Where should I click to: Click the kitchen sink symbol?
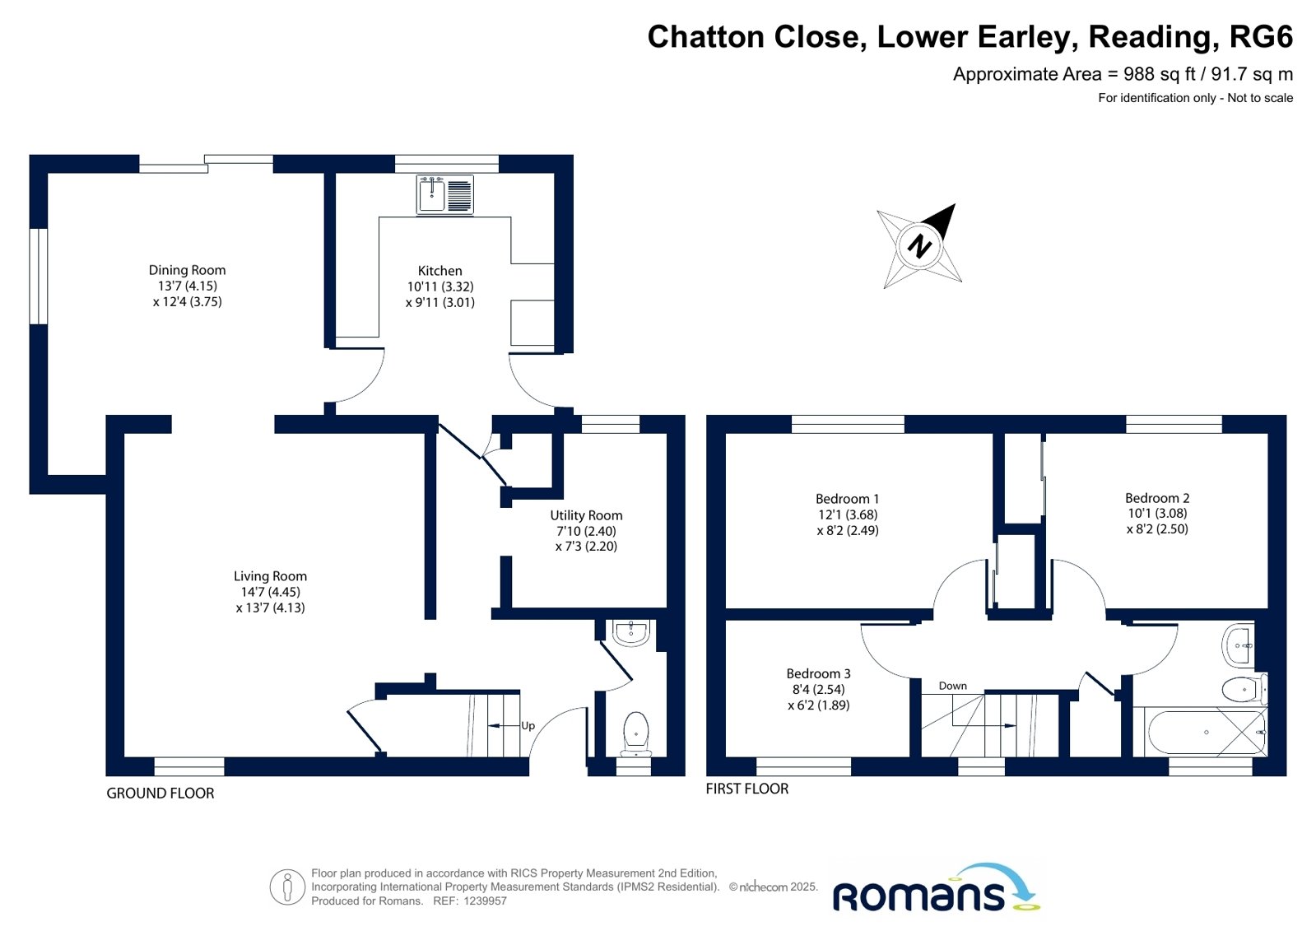[444, 194]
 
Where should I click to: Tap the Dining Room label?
[187, 270]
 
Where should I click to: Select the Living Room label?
[270, 576]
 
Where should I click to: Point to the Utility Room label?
[586, 515]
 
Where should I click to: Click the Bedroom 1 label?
[847, 499]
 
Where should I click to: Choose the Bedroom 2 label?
[1157, 498]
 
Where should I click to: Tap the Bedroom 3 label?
[818, 673]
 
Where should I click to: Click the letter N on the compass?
[919, 245]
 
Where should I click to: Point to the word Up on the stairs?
[528, 726]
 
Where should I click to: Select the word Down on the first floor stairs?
[952, 686]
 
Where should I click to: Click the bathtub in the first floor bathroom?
[1207, 733]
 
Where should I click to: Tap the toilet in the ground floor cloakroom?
[635, 734]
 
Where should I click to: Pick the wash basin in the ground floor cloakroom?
[631, 633]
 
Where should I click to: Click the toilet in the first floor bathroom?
[1244, 689]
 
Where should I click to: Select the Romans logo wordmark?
[919, 896]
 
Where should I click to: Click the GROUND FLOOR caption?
[160, 794]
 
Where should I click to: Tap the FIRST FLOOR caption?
[746, 789]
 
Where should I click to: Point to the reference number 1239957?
[486, 901]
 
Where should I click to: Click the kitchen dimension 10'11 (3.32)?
[440, 286]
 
